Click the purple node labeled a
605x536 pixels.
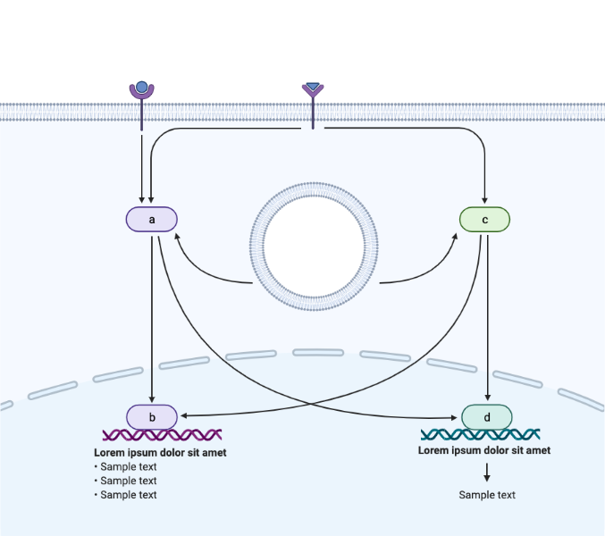[x=152, y=219]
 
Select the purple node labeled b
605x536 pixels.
[x=152, y=416]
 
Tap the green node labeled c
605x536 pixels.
[x=484, y=219]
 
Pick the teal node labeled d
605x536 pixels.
[x=487, y=416]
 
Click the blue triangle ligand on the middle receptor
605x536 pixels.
[x=312, y=88]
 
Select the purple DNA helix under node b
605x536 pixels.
[x=162, y=435]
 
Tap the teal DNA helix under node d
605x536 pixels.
[x=480, y=435]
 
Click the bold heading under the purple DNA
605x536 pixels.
[x=160, y=453]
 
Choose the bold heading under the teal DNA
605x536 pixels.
[x=483, y=450]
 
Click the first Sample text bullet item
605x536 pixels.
[x=128, y=467]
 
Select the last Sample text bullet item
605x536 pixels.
[x=128, y=495]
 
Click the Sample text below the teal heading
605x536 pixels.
[x=487, y=495]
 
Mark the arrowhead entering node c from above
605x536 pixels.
[x=484, y=201]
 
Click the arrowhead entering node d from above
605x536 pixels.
[x=487, y=398]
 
